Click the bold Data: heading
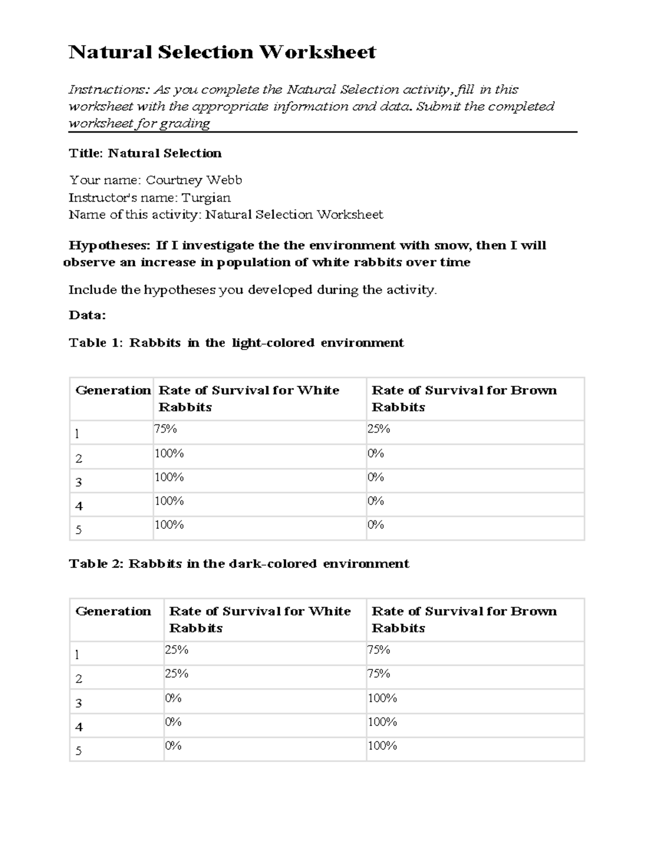click(x=87, y=315)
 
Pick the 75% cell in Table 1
click(x=166, y=429)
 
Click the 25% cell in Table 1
click(x=379, y=429)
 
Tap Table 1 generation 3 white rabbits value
click(x=169, y=477)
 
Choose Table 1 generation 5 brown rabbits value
click(x=375, y=524)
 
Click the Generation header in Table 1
click(x=112, y=390)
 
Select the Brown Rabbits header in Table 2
click(x=463, y=619)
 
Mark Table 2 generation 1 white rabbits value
click(x=177, y=650)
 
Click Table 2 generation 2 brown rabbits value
click(x=379, y=674)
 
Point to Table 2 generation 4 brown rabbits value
click(x=382, y=722)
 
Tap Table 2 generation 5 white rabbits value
click(x=173, y=746)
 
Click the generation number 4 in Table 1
click(x=79, y=507)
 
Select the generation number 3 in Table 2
click(x=79, y=703)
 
